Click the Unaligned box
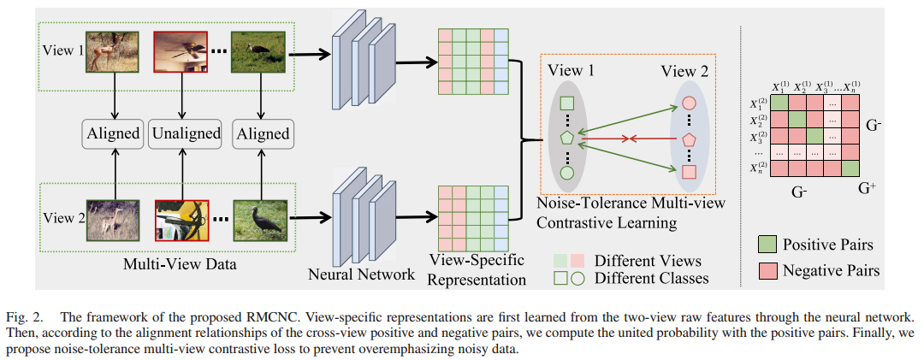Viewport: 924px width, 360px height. (x=186, y=133)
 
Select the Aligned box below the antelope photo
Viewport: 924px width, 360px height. (x=112, y=133)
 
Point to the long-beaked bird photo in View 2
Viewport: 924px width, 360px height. (x=261, y=219)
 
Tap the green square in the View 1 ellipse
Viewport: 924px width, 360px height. (x=566, y=103)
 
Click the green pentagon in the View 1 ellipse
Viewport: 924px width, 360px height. (x=566, y=138)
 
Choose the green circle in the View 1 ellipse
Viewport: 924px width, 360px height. (x=566, y=172)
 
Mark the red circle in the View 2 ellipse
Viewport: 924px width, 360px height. (x=689, y=104)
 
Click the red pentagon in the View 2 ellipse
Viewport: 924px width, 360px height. (x=689, y=139)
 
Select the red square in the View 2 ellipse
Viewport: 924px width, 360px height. (x=689, y=173)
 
